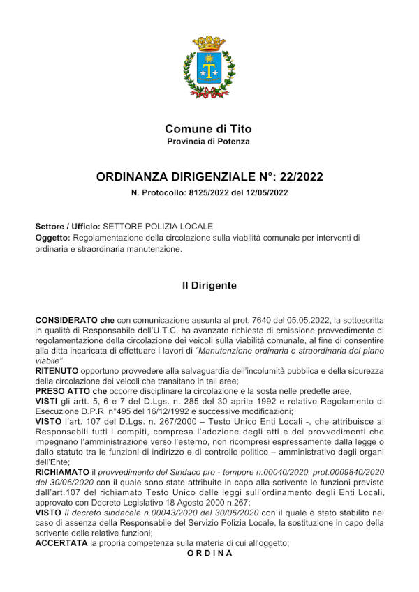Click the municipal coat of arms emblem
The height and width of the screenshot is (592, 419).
pos(209,67)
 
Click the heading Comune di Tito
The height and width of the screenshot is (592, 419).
pos(209,129)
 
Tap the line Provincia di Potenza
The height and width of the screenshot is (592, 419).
pos(209,142)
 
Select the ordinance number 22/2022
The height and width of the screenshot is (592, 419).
pos(298,177)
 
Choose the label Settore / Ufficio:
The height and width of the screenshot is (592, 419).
pos(67,227)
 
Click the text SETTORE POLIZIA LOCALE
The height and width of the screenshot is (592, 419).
pos(157,227)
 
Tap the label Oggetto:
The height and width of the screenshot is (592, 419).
pos(52,238)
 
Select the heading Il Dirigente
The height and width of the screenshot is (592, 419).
pos(209,286)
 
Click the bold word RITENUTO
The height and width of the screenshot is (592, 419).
pos(57,372)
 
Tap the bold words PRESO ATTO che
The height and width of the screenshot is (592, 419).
pos(71,391)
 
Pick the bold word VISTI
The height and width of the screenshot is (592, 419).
pos(47,402)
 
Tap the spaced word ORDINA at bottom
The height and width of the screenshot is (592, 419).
pos(209,553)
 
